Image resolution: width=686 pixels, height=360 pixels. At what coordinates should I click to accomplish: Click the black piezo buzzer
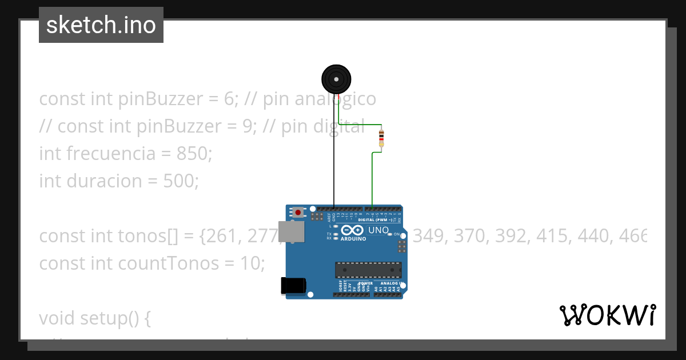[x=336, y=79]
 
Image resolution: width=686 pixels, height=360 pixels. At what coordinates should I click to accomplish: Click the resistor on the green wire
[x=381, y=138]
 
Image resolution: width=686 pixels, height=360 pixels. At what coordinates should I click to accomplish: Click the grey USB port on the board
[x=291, y=231]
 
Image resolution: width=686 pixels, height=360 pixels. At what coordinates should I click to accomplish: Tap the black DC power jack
[x=293, y=286]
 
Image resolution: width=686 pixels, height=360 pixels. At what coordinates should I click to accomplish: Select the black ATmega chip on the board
[x=368, y=269]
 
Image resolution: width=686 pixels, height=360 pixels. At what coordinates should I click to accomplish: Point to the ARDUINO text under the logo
[x=353, y=239]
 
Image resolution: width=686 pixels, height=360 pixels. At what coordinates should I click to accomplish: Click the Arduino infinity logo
[x=353, y=230]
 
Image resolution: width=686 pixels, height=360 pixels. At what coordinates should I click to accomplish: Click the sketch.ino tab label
[x=101, y=25]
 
